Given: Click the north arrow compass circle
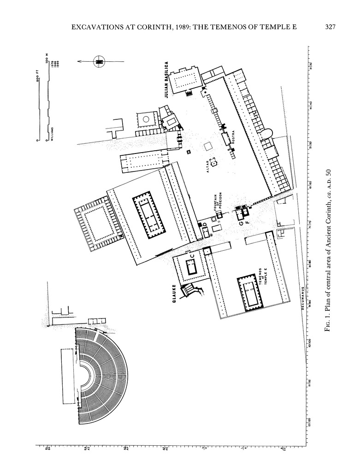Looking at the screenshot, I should pos(99,61).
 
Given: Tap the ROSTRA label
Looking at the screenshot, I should pos(233,141).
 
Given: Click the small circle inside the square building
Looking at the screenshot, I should pos(146,119).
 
